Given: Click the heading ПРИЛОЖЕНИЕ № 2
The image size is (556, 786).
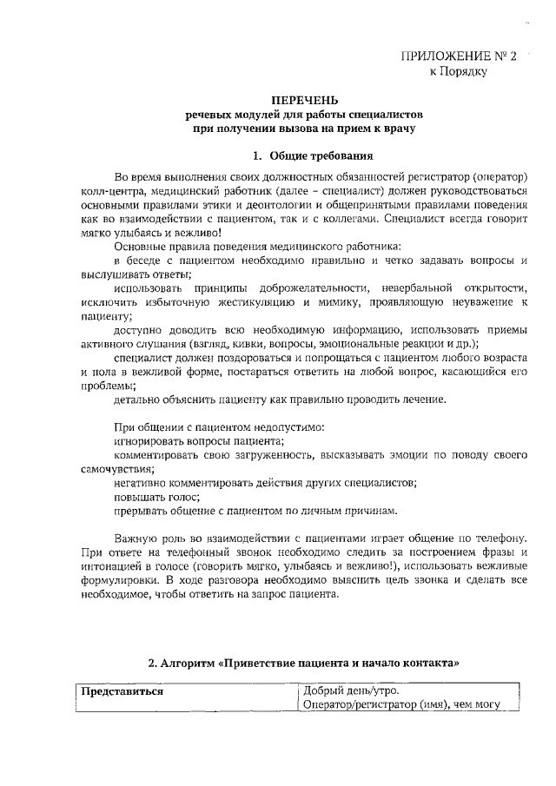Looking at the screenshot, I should (459, 56).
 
